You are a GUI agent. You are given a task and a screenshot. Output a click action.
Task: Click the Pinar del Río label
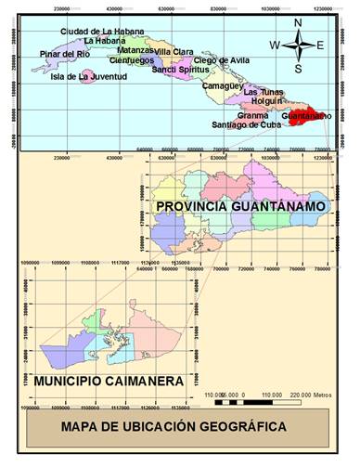tap(65, 55)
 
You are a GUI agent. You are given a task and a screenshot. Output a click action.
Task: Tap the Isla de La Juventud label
tap(88, 77)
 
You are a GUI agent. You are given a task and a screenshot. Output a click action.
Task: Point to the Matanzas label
tap(136, 49)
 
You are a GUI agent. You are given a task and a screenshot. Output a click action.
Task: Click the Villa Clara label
tap(174, 51)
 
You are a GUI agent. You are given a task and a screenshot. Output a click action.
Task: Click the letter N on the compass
tap(298, 22)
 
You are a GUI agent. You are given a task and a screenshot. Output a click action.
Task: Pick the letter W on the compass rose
tap(275, 45)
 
